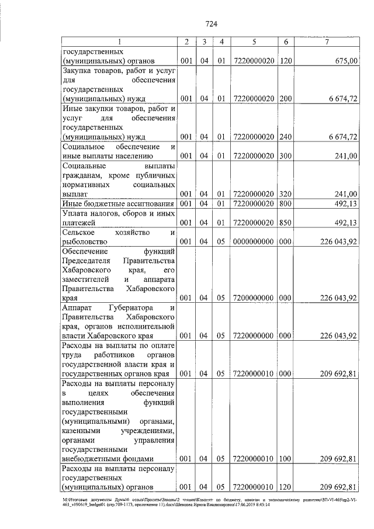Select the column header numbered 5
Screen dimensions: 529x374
(254, 42)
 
